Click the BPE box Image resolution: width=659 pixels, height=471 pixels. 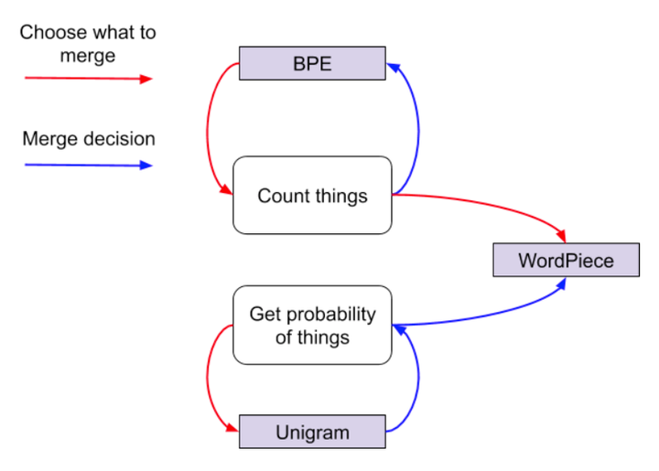pyautogui.click(x=312, y=64)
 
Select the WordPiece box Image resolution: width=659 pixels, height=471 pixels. pyautogui.click(x=566, y=260)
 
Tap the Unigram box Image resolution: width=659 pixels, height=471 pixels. pyautogui.click(x=312, y=432)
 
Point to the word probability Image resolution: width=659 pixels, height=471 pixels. pyautogui.click(x=329, y=315)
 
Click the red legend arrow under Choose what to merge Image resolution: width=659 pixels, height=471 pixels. pyautogui.click(x=88, y=79)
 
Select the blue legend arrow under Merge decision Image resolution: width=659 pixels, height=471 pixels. pyautogui.click(x=88, y=166)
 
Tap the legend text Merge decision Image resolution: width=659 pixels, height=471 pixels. pyautogui.click(x=89, y=140)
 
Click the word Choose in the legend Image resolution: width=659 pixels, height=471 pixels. pyautogui.click(x=50, y=33)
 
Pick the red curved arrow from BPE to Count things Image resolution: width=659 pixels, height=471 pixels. pyautogui.click(x=210, y=128)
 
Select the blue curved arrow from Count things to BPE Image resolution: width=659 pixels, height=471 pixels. pyautogui.click(x=416, y=128)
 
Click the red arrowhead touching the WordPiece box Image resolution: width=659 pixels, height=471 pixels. pyautogui.click(x=561, y=237)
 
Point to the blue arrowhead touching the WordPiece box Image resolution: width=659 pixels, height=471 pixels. pyautogui.click(x=560, y=284)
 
